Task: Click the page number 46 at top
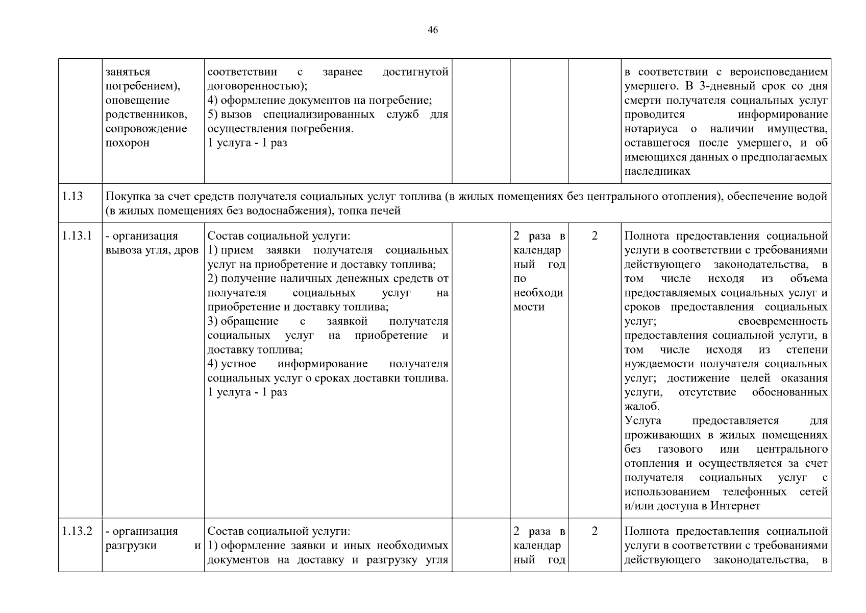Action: point(432,30)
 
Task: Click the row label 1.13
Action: point(72,197)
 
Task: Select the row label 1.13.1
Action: point(77,236)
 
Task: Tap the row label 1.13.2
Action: point(77,531)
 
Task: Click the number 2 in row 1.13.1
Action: point(595,236)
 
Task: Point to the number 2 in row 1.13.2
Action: point(595,531)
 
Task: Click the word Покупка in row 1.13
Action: point(126,197)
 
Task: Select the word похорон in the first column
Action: point(128,143)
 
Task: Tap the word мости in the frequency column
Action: point(529,307)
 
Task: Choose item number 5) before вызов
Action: point(213,115)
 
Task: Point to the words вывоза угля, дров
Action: point(152,250)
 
